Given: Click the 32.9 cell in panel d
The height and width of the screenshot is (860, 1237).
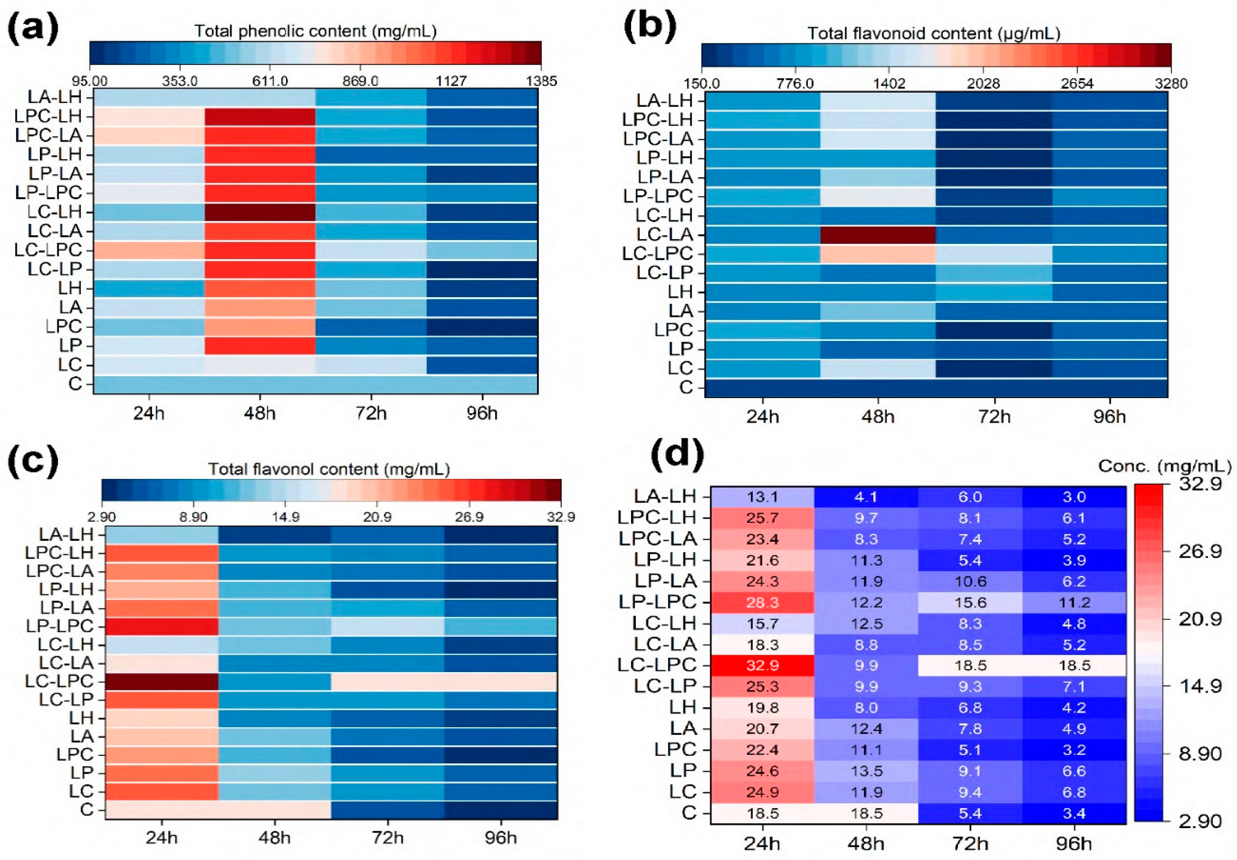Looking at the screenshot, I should coord(762,665).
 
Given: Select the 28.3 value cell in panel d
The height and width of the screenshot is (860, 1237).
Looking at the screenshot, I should coord(762,602).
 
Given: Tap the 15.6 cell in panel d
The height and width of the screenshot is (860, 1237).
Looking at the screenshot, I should coord(969,602).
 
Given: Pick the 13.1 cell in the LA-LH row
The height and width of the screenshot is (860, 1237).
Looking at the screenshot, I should coord(762,496).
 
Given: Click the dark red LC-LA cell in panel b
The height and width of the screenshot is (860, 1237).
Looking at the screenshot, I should coord(878,235).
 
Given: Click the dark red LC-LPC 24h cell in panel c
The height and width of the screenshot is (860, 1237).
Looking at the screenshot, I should coord(162,681).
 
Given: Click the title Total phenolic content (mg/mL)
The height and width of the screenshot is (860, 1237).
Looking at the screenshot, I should coord(316,31).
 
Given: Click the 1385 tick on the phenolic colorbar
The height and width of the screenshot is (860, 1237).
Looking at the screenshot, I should coord(541,81).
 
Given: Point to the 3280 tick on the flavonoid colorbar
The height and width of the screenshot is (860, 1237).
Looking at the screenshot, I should coord(1171,83).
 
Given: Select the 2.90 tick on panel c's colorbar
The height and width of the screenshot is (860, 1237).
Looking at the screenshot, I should coord(102,517).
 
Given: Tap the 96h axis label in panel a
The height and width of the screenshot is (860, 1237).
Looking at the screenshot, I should coord(482,413).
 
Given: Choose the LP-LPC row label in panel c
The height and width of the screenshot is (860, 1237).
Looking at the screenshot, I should coord(59,626).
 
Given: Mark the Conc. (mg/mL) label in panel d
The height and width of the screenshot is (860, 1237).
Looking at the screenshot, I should coord(1164,466).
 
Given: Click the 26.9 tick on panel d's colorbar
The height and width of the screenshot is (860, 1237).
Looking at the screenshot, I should coord(1200,551).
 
